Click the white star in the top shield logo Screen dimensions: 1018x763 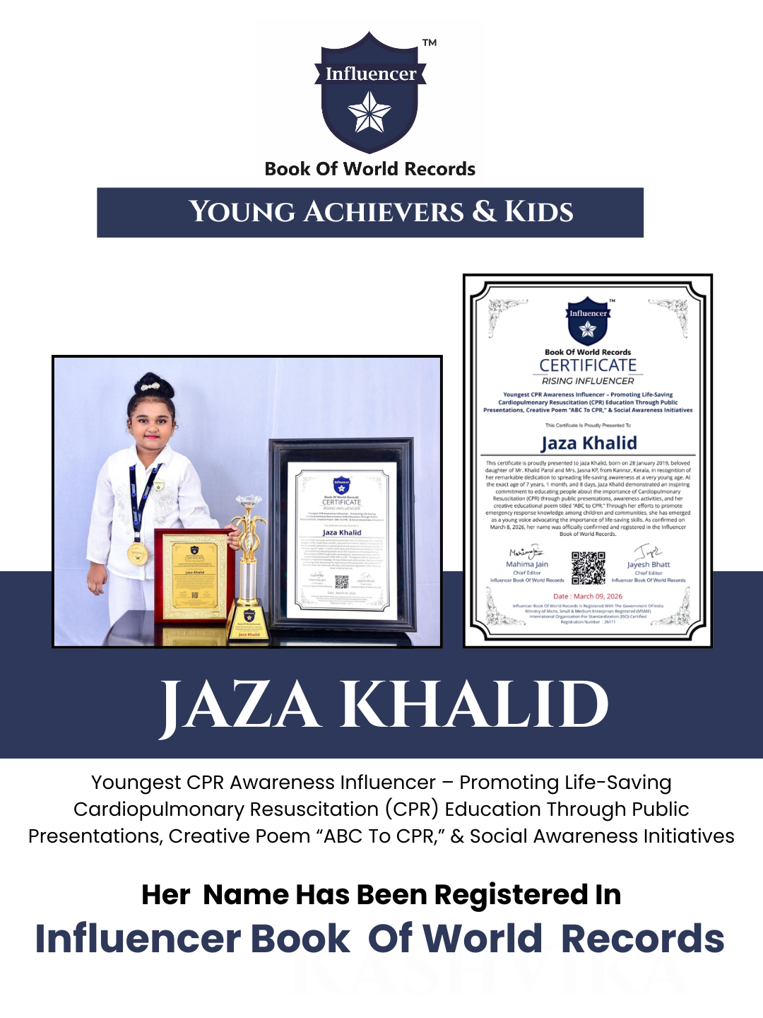pyautogui.click(x=369, y=113)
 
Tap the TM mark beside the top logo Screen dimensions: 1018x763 pyautogui.click(x=430, y=43)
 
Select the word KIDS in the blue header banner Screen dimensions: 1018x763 pyautogui.click(x=538, y=212)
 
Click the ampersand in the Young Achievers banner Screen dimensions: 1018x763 pyautogui.click(x=485, y=212)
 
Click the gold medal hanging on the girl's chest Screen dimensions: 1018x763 pyautogui.click(x=137, y=553)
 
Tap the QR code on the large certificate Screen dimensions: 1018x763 pyautogui.click(x=588, y=568)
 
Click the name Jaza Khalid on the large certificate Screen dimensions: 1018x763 pyautogui.click(x=588, y=443)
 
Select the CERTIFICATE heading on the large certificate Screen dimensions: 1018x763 pyautogui.click(x=588, y=365)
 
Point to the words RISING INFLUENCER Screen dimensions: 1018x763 pyautogui.click(x=588, y=381)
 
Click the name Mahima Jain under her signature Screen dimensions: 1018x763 pyautogui.click(x=527, y=565)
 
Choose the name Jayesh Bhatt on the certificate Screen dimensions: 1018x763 pyautogui.click(x=649, y=565)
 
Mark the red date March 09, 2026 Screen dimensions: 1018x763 pyautogui.click(x=588, y=597)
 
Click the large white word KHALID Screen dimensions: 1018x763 pyautogui.click(x=475, y=705)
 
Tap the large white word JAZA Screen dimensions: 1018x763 pyautogui.click(x=240, y=705)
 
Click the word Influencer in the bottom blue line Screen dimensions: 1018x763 pyautogui.click(x=138, y=939)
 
